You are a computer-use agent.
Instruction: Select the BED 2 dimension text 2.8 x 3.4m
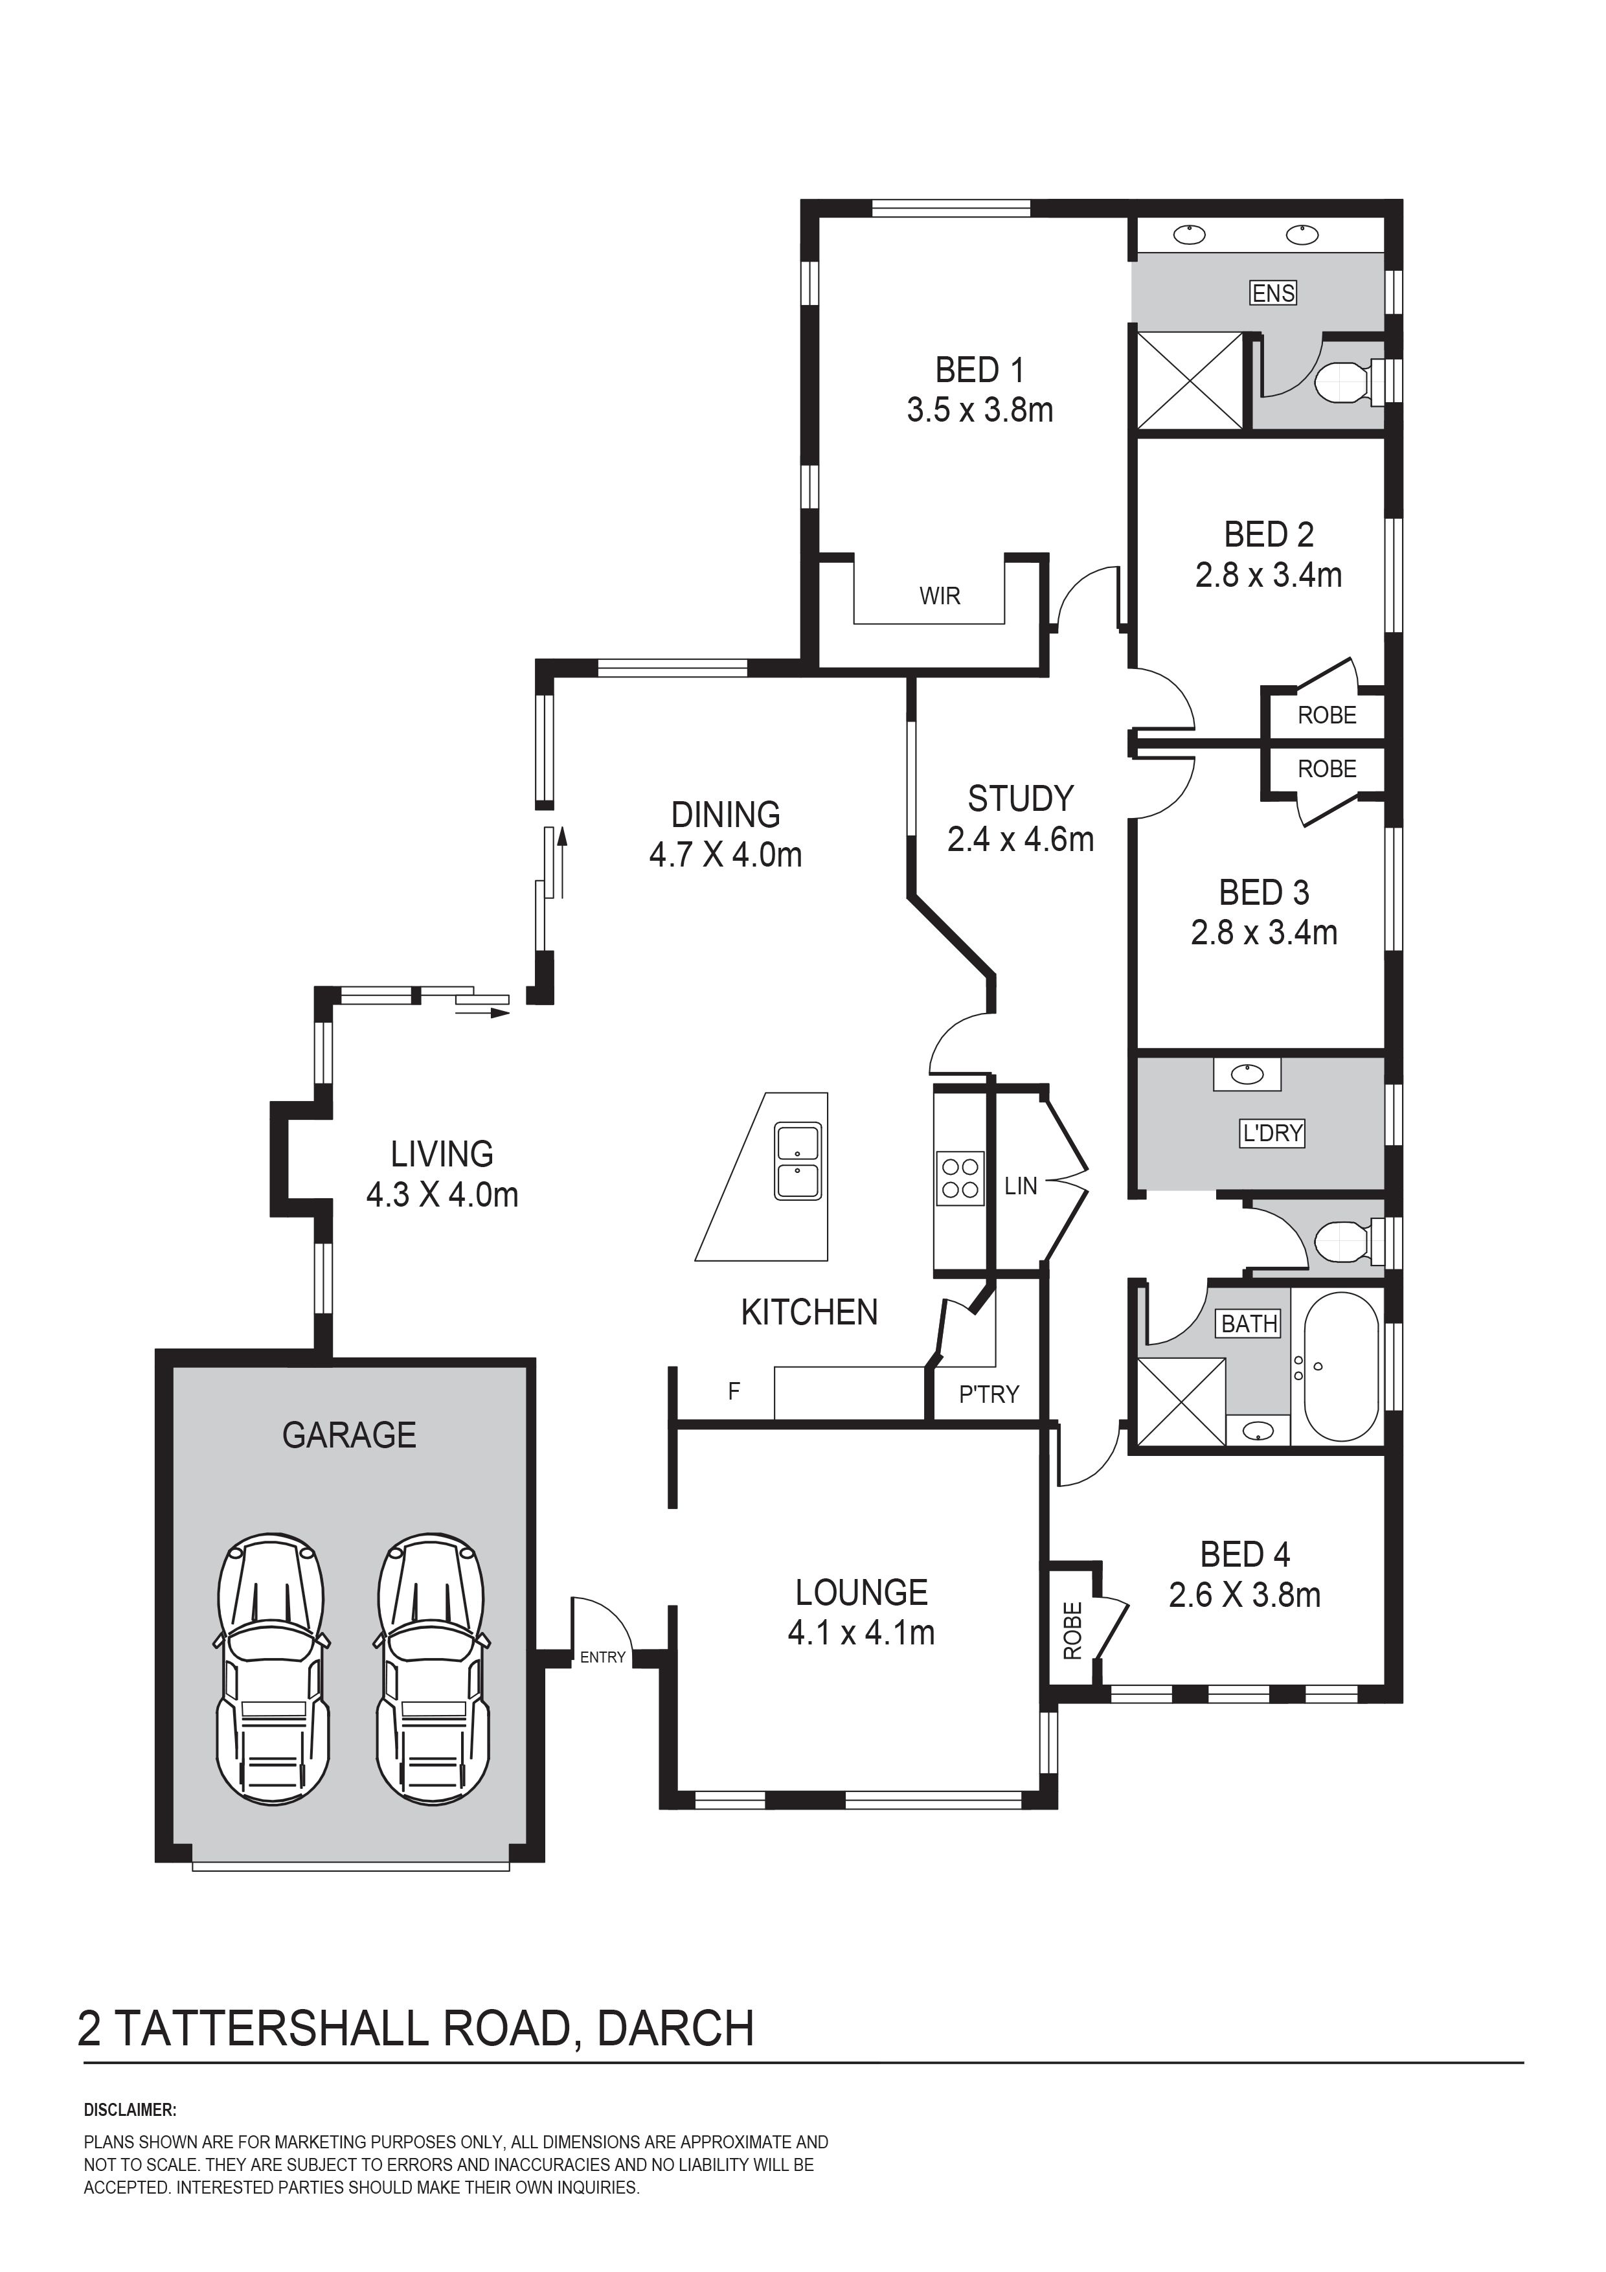(x=1269, y=575)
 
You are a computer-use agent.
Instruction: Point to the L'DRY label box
(x=1272, y=1132)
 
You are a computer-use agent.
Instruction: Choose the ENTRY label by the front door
(x=603, y=1657)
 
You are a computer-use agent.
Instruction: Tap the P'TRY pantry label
(x=989, y=1394)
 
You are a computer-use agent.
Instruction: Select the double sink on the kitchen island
(x=798, y=1162)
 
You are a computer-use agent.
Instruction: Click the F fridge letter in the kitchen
(x=734, y=1391)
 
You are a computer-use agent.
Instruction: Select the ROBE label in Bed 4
(x=1072, y=1630)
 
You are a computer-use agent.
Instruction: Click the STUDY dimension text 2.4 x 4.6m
(x=1020, y=840)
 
